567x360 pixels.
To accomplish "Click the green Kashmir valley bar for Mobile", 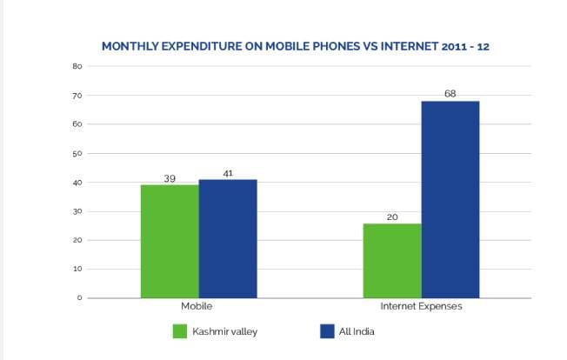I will (x=170, y=241).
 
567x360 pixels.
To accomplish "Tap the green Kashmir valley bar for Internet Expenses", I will (x=392, y=260).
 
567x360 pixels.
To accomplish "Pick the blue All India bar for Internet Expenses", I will (x=450, y=199).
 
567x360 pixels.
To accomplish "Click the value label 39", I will (x=170, y=178).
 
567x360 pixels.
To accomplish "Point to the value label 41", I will (x=228, y=173).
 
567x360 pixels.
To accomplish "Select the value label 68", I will (x=450, y=93).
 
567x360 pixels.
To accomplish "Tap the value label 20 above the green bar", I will (x=392, y=217).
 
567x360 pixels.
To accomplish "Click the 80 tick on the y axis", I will (x=77, y=66).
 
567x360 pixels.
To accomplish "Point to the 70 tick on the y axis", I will (x=77, y=96).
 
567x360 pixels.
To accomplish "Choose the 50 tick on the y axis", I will (x=77, y=154).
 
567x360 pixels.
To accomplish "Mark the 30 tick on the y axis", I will (x=77, y=211).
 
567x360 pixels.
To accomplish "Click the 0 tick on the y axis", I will (x=79, y=298).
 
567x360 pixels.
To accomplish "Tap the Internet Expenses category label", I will (x=421, y=308).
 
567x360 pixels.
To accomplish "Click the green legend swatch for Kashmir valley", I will (x=181, y=331).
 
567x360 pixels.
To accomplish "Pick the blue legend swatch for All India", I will (x=328, y=331).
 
